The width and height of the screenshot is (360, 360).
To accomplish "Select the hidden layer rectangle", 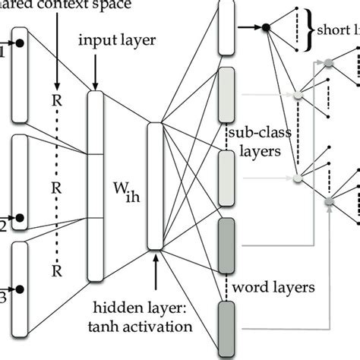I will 156,186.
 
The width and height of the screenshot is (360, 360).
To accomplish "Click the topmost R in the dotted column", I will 57,98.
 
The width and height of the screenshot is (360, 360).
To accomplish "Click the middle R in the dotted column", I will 57,185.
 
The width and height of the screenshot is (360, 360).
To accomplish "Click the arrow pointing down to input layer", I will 95,74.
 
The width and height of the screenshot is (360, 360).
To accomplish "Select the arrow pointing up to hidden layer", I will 156,266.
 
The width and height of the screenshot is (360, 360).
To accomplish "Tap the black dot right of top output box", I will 265,28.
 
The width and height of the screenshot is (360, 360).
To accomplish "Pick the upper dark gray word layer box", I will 226,245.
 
